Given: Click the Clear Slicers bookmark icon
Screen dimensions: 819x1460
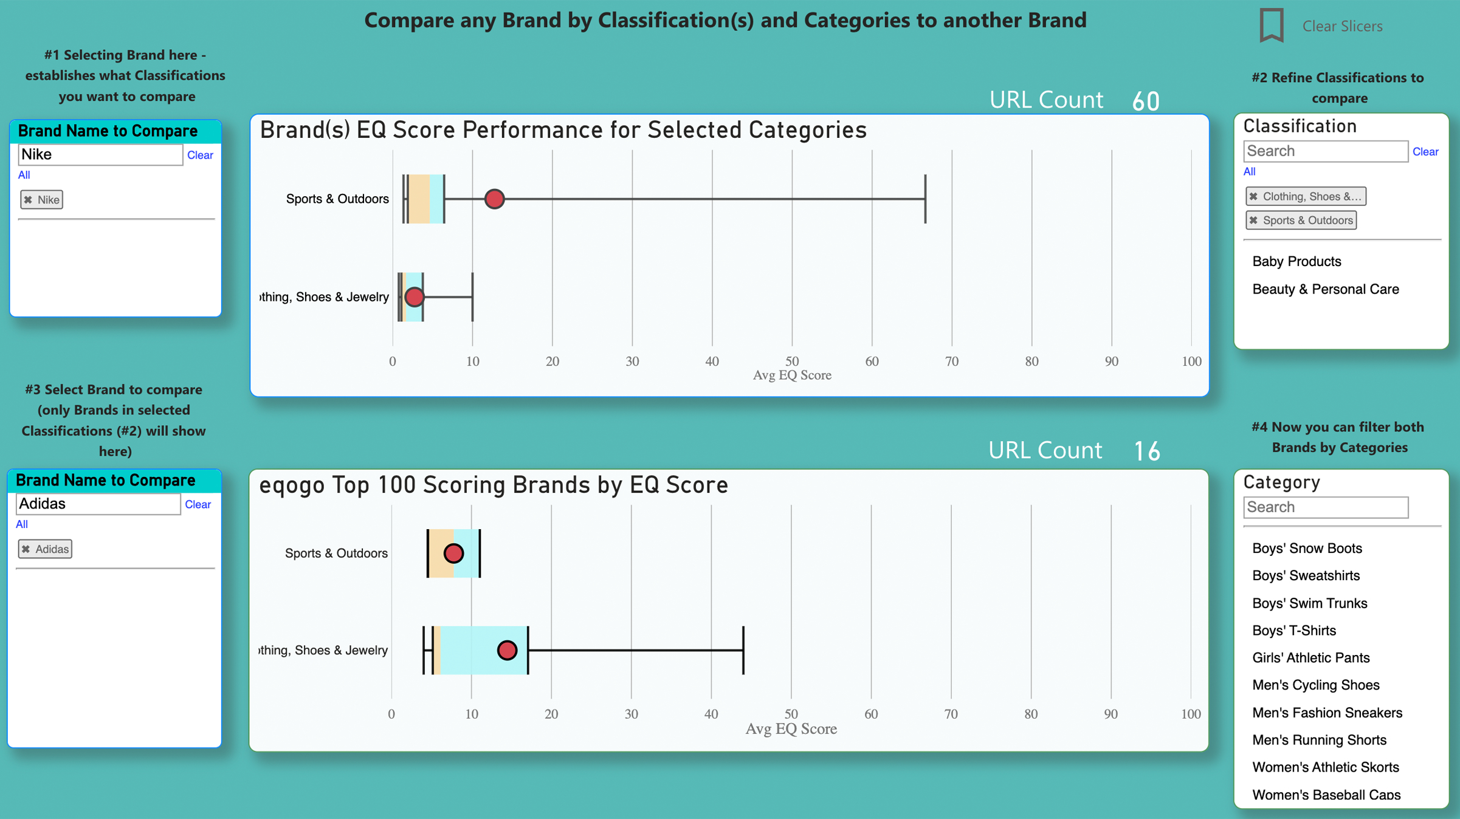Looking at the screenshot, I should tap(1271, 26).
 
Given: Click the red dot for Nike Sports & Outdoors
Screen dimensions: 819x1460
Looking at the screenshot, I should tap(494, 199).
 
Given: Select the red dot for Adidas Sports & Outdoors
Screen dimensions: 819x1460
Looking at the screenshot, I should tap(453, 553).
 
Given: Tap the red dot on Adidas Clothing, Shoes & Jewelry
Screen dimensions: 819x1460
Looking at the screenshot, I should tap(507, 650).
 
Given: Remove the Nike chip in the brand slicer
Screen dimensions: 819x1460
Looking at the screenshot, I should tap(28, 200).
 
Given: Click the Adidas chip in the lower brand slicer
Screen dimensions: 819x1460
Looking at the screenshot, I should tap(45, 549).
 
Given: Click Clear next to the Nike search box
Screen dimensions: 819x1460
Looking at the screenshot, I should tap(200, 155).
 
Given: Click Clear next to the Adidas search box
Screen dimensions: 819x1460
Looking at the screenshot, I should tap(198, 504).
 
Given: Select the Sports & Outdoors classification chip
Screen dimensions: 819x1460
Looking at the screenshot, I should tap(1301, 221).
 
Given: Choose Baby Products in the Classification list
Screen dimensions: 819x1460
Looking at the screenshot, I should tap(1296, 261).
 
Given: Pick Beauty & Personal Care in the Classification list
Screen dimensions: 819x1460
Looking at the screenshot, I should tap(1325, 289).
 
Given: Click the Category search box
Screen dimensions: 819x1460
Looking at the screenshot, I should tap(1325, 507).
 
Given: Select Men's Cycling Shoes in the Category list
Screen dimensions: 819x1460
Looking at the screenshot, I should tap(1315, 685).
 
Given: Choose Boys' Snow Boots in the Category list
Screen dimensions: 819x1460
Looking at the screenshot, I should tap(1307, 549).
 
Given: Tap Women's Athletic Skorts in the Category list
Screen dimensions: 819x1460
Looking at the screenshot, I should tap(1325, 767).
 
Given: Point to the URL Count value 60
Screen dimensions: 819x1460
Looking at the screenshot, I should tap(1146, 101).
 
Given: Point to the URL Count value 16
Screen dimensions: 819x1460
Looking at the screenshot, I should tap(1147, 451).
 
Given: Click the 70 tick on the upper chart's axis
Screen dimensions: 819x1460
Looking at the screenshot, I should tap(951, 362).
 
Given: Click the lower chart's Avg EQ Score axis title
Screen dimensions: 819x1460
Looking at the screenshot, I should tap(791, 729).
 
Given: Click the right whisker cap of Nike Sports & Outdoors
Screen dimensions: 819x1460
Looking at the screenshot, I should tap(925, 199).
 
